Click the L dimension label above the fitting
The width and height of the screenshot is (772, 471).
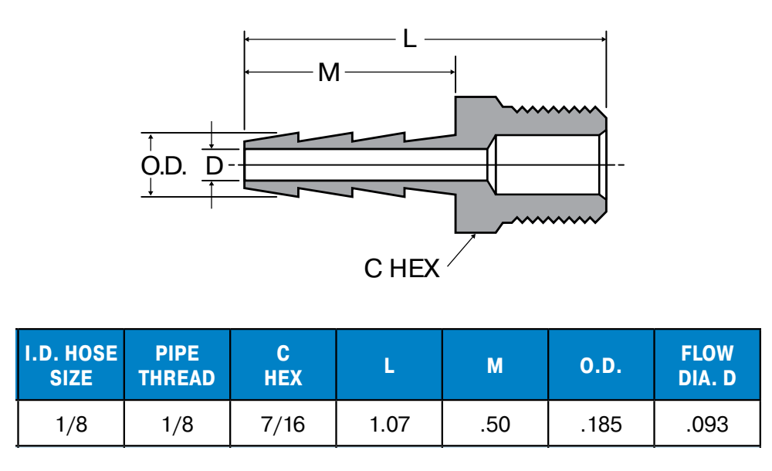point(409,39)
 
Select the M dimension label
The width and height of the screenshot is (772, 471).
point(330,73)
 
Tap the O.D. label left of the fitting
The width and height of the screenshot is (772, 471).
point(164,166)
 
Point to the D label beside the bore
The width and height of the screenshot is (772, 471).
point(214,166)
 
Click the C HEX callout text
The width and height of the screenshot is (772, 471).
point(401,269)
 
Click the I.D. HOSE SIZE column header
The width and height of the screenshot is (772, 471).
point(71,366)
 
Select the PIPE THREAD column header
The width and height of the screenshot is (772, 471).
point(177,366)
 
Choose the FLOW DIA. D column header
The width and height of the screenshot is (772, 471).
point(706,366)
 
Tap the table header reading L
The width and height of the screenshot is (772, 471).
point(389,366)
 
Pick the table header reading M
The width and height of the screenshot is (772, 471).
point(495,366)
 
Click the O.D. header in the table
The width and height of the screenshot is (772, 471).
point(601,366)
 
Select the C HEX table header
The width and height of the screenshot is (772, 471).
point(283,366)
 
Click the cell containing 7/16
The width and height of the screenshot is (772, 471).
point(283,424)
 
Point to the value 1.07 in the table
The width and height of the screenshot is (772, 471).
point(389,424)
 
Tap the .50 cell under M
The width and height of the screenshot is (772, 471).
point(495,424)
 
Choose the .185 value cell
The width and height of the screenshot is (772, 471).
point(601,424)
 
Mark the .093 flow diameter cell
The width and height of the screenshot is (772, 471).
point(706,424)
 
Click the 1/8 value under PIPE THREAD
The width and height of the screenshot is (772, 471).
point(177,424)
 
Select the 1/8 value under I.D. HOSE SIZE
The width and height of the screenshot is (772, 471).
point(71,424)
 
